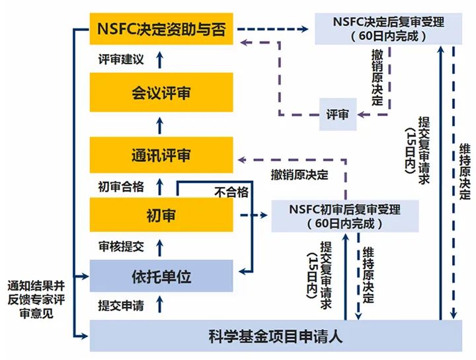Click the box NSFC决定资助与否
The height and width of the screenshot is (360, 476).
[x=161, y=30]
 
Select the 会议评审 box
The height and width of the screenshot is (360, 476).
[x=161, y=92]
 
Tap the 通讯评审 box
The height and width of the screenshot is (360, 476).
[x=161, y=155]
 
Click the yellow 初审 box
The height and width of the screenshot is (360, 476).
[x=161, y=215]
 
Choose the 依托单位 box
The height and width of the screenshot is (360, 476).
[x=161, y=276]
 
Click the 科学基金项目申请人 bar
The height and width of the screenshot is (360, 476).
[x=275, y=336]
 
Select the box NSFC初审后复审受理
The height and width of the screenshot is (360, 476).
[x=345, y=216]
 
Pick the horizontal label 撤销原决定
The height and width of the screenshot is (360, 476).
[x=299, y=175]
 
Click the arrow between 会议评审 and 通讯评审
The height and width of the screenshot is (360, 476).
[x=159, y=124]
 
